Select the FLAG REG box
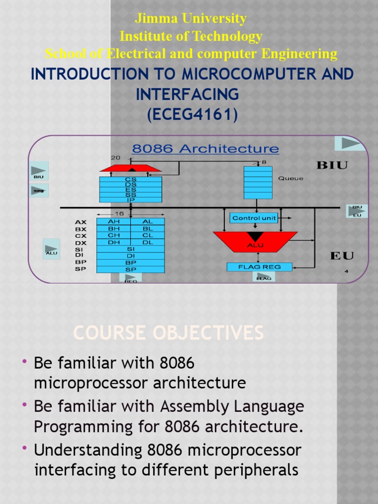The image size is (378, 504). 259,267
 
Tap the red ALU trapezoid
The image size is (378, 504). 255,241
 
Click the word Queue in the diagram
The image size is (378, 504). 291,179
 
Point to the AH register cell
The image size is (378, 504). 114,222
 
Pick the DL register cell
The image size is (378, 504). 147,242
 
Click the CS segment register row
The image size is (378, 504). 130,180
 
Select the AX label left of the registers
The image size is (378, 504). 81,222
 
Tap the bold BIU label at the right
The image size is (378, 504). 332,165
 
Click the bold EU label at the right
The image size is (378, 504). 342,256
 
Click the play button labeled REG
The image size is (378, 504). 130,278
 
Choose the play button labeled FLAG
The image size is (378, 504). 263,277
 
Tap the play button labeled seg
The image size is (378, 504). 38,190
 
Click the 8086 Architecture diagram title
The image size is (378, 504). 205,149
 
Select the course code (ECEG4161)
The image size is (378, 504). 192,115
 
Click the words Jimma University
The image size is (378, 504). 191,19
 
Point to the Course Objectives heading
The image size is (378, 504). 168,333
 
